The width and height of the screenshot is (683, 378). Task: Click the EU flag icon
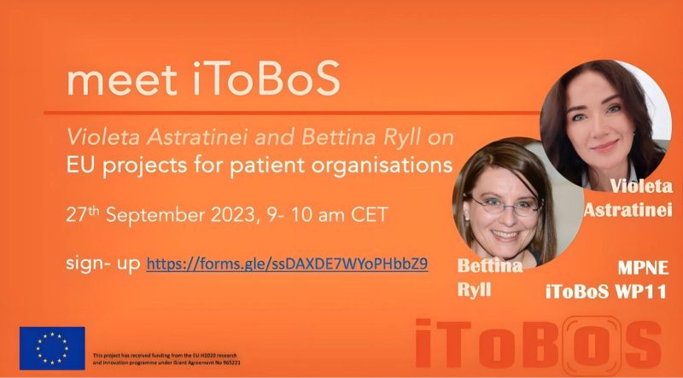(x=52, y=348)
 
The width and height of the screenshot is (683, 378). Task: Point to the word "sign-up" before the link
(x=103, y=263)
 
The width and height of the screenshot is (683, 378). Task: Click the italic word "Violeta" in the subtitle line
(x=98, y=137)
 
